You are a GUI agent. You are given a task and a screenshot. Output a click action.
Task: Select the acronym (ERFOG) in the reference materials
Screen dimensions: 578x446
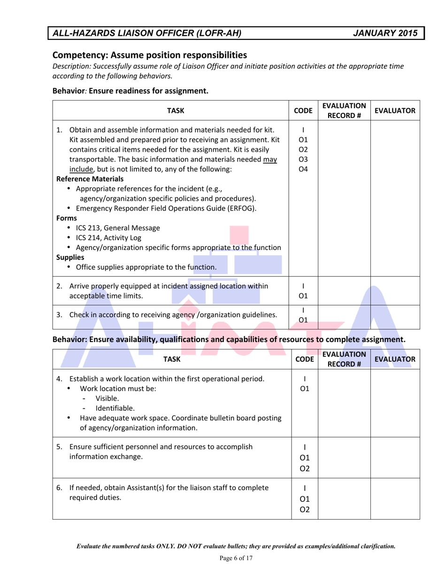240,208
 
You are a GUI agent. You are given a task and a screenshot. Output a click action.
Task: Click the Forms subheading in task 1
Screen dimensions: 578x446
66,218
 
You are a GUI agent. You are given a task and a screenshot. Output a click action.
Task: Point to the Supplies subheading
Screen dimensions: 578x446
70,258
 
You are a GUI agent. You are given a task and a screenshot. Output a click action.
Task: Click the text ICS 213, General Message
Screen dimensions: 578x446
118,228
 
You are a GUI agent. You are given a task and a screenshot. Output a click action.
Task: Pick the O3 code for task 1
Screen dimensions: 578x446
303,159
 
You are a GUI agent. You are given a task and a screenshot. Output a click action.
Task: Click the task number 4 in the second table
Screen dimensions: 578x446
59,379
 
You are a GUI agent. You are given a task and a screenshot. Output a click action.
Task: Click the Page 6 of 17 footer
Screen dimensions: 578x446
236,558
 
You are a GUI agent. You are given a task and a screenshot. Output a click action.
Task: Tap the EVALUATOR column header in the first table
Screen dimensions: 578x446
394,111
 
